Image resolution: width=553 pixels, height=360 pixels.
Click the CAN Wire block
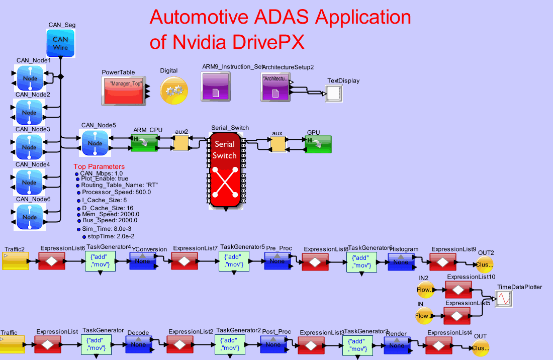point(60,43)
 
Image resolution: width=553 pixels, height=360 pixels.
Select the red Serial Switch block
point(224,170)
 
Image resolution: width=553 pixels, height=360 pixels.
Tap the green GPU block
point(318,144)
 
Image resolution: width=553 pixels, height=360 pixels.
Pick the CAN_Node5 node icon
point(95,143)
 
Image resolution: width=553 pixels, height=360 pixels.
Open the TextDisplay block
point(334,94)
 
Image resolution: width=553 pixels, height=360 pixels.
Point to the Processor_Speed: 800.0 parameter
point(116,192)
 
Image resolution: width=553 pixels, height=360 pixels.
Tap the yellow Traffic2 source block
point(16,261)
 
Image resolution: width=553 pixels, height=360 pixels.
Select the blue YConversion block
point(144,261)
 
